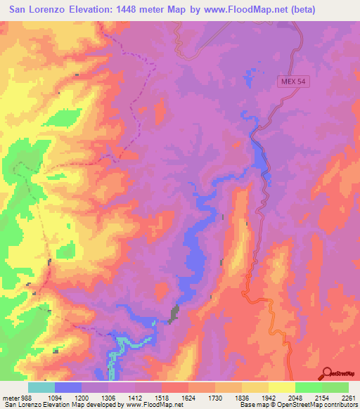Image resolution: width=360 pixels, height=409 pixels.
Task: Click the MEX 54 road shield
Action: [292, 82]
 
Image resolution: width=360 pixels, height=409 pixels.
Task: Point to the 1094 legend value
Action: [61, 396]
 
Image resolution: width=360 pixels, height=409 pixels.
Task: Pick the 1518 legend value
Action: [168, 396]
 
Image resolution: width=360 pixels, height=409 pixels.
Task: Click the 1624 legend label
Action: [195, 396]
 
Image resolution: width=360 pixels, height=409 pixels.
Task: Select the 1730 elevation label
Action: [221, 396]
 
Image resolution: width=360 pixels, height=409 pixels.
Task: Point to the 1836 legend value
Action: [248, 396]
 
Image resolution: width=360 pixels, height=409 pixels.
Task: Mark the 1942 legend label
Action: [275, 396]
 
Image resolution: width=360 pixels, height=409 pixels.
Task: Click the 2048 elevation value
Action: [302, 396]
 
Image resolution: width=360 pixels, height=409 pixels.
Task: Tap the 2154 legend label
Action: [328, 396]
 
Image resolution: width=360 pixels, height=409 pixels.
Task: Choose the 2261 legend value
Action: [349, 396]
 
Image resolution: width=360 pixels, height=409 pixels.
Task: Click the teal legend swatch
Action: [41, 387]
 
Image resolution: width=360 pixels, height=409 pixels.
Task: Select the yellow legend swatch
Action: [282, 387]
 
